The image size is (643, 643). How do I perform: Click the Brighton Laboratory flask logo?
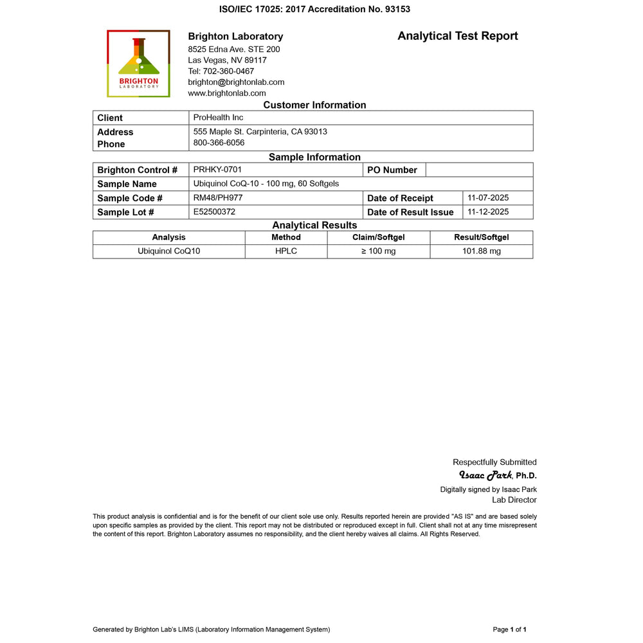click(x=138, y=63)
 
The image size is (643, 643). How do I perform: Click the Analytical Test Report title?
click(x=457, y=36)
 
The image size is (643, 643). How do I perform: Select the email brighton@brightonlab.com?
click(x=236, y=82)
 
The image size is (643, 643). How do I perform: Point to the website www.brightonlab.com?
click(x=226, y=93)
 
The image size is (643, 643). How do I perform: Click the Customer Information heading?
click(x=314, y=105)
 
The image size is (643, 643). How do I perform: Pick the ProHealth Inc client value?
click(x=218, y=118)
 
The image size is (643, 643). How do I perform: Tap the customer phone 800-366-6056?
click(x=219, y=143)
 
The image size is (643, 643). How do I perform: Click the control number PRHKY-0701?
click(x=217, y=170)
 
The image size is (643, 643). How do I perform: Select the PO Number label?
click(x=392, y=170)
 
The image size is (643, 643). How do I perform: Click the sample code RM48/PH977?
click(x=217, y=198)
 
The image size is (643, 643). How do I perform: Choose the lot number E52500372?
click(x=219, y=212)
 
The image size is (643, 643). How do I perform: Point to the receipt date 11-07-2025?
click(x=488, y=198)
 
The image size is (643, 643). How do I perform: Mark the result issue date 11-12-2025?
click(x=488, y=212)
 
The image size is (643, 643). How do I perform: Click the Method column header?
click(x=285, y=237)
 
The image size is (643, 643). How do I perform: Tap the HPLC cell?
click(x=285, y=251)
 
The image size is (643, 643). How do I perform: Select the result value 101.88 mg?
click(x=481, y=251)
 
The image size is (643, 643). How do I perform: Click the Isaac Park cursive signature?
click(x=485, y=475)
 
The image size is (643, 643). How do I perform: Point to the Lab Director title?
click(x=514, y=500)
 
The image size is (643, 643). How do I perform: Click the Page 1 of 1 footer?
click(x=509, y=629)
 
